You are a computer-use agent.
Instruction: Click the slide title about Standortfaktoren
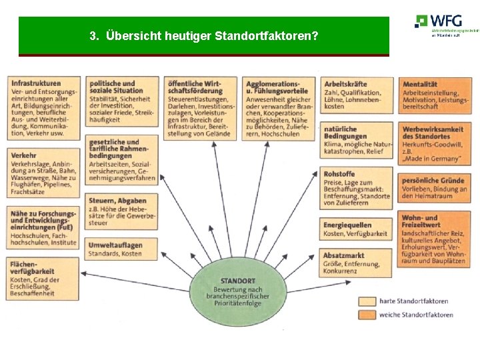click(203, 36)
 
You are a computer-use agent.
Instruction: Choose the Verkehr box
click(44, 172)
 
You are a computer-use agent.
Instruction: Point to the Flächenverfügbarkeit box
click(44, 279)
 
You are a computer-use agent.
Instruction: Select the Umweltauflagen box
click(122, 249)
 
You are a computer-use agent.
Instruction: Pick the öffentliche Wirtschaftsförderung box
click(201, 109)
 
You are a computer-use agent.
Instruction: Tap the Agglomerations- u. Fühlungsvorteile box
click(279, 109)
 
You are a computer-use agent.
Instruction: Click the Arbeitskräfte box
click(357, 96)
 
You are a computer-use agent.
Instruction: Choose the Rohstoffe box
click(357, 188)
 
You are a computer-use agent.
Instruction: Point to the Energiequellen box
click(357, 229)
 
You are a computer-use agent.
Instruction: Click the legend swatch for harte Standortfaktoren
click(367, 301)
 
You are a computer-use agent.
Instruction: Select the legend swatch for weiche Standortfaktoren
click(367, 315)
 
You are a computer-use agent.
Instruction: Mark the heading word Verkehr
click(23, 154)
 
